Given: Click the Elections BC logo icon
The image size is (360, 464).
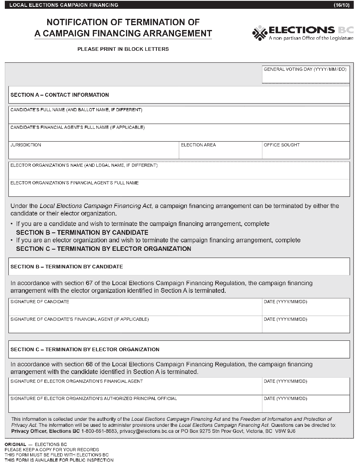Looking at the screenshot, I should point(260,33).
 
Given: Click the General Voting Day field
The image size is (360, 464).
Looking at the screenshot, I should point(306,77).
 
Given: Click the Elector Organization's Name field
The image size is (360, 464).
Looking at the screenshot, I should point(179,173).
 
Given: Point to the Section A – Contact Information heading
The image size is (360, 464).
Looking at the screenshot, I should point(60,95).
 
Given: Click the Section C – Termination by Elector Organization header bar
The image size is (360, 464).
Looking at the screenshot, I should point(179,349).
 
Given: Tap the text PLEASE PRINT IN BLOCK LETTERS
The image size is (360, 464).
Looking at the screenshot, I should point(123,49).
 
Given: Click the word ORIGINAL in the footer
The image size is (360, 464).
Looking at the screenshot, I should point(15,444).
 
